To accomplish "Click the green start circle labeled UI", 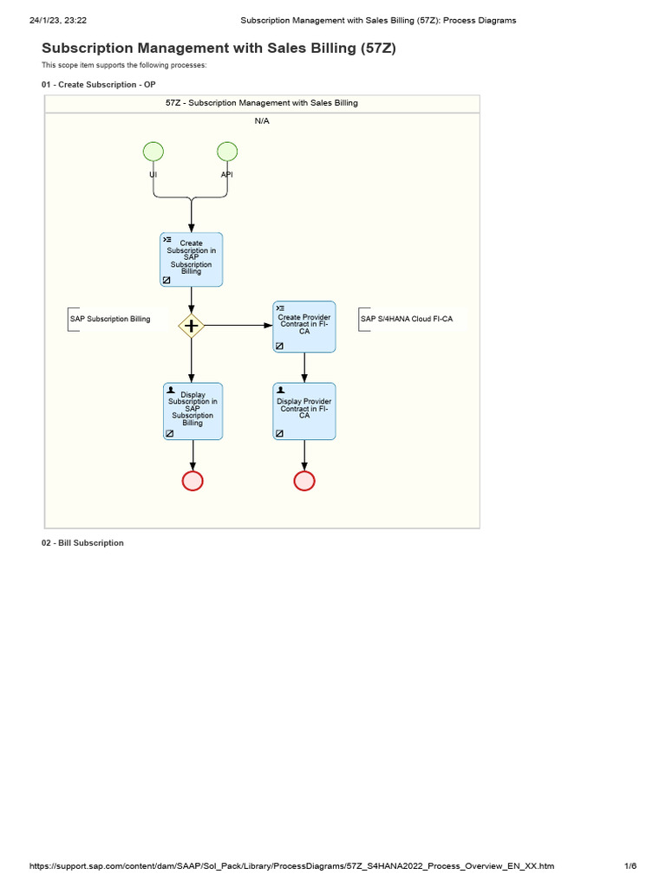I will point(153,152).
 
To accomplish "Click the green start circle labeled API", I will point(227,152).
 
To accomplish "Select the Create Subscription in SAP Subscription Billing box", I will point(192,259).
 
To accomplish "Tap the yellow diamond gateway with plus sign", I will point(192,326).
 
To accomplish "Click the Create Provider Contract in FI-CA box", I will point(304,327).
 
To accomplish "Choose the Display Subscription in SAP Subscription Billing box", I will point(193,411).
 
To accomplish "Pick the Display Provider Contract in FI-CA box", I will point(304,411).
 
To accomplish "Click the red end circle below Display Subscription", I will point(193,481).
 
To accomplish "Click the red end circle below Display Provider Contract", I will point(304,481).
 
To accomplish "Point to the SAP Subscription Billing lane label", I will point(110,319).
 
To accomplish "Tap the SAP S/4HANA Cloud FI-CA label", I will point(407,319).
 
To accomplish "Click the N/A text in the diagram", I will point(262,120).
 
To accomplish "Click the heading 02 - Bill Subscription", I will point(82,543).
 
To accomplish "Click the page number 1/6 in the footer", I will point(630,866).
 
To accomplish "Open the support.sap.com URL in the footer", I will point(291,866).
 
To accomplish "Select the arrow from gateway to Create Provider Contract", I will point(238,326).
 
